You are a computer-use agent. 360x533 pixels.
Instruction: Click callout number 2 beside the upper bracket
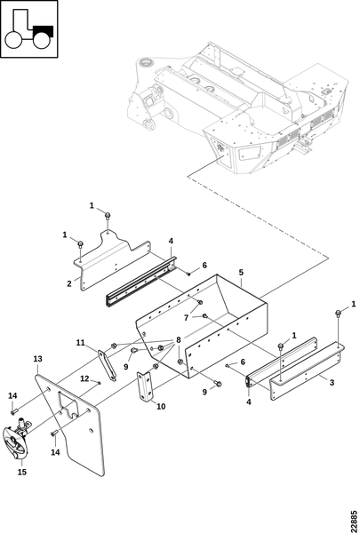click(69, 283)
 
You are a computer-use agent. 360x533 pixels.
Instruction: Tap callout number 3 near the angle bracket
click(332, 382)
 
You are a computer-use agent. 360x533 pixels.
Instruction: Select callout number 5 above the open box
click(241, 273)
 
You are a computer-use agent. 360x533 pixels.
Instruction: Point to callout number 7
click(186, 318)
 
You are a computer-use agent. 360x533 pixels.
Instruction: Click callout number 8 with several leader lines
click(179, 340)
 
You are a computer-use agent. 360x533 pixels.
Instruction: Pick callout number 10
click(161, 406)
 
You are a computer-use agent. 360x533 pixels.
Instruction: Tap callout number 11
click(80, 343)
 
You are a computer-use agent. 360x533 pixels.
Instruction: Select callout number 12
click(84, 378)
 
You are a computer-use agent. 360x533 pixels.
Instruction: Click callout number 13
click(37, 359)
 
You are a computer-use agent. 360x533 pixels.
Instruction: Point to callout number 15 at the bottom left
click(21, 472)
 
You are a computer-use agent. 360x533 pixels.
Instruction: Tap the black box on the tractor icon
click(44, 31)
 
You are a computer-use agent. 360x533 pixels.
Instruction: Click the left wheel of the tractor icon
click(13, 40)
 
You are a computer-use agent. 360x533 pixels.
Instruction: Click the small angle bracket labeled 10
click(145, 386)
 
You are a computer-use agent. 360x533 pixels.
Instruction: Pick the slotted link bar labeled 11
click(108, 365)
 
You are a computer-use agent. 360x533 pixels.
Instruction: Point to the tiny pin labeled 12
click(99, 382)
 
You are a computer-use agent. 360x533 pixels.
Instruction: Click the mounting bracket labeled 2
click(112, 259)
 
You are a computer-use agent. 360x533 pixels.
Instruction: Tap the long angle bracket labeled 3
click(307, 370)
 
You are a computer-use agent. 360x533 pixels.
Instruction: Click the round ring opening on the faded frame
click(147, 62)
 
